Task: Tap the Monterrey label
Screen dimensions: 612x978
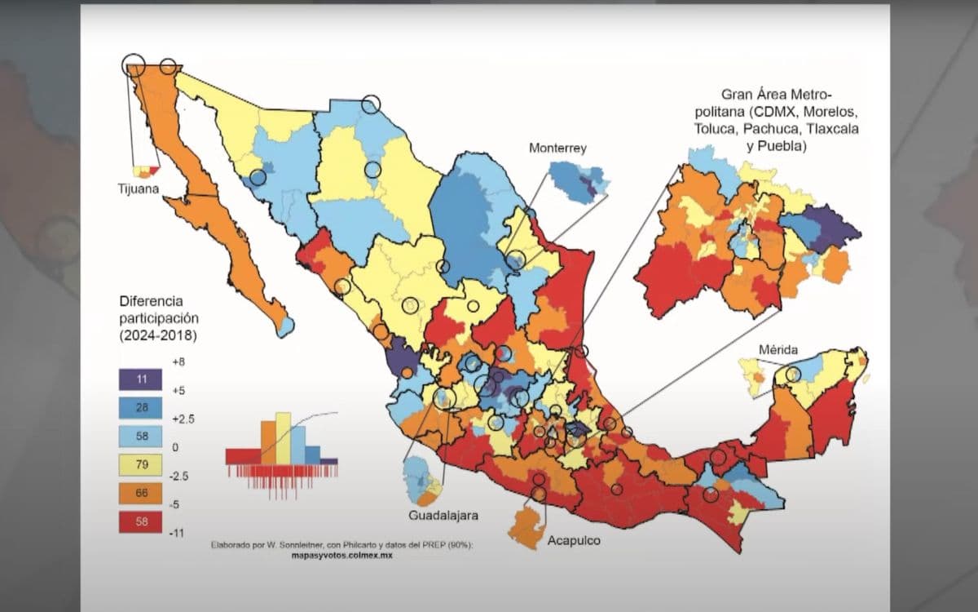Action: [x=557, y=148]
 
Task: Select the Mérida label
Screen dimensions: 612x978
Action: [x=778, y=350]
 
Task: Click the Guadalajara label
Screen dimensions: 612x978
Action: [x=443, y=515]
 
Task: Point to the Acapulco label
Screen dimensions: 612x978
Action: [x=574, y=540]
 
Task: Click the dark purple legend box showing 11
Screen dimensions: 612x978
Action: [x=142, y=379]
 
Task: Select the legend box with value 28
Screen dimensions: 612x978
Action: [x=142, y=407]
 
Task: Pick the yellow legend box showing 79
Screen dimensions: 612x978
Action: [x=142, y=465]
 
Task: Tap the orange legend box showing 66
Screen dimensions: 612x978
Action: [x=142, y=494]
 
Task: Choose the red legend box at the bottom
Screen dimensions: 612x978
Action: [x=142, y=522]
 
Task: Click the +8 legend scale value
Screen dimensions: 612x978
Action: [x=178, y=361]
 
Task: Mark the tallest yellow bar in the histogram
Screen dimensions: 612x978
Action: [x=283, y=438]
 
